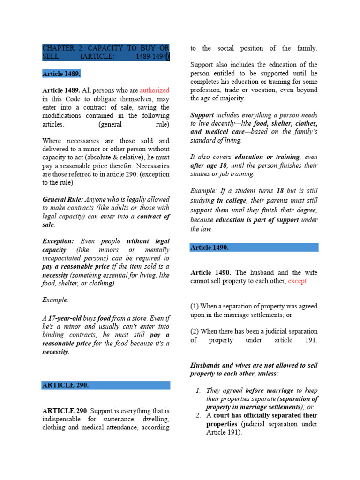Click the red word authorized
(x=154, y=90)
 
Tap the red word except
(x=298, y=281)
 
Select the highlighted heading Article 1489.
(x=61, y=74)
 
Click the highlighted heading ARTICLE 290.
(x=65, y=385)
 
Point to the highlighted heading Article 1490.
(x=210, y=247)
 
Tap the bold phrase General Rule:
(x=63, y=200)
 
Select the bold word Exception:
(x=58, y=241)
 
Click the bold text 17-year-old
(x=65, y=318)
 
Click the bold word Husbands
(x=206, y=365)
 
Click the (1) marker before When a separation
(x=194, y=306)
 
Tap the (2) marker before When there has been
(x=194, y=331)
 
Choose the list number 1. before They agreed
(x=199, y=390)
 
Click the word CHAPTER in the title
(x=59, y=48)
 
